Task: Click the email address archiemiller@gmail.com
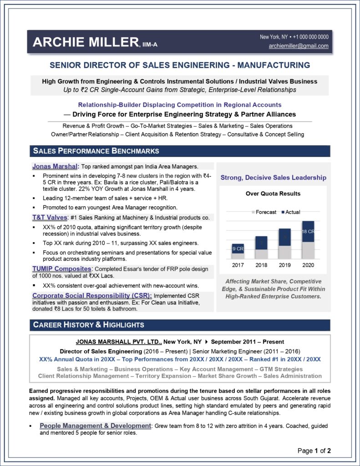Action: pos(299,46)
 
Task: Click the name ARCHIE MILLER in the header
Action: pos(86,42)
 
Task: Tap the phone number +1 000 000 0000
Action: pos(310,37)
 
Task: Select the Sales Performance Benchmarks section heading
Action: pos(96,151)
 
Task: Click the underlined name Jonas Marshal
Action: pos(56,166)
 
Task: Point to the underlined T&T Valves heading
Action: pos(50,218)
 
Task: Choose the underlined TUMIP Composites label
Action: pos(61,269)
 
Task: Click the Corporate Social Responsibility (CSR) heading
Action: pos(86,295)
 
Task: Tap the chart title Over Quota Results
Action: pos(273,193)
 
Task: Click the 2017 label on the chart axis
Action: pos(238,264)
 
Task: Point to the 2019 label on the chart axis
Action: pos(284,264)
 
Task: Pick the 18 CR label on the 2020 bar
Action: pos(308,232)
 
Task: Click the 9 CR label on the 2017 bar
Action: pos(238,249)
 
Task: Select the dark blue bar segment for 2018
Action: pos(261,243)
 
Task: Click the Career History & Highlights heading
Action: pos(88,324)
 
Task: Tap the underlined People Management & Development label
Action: pos(95,425)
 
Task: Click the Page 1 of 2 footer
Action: pos(314,451)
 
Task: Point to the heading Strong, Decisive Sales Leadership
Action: pos(273,177)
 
